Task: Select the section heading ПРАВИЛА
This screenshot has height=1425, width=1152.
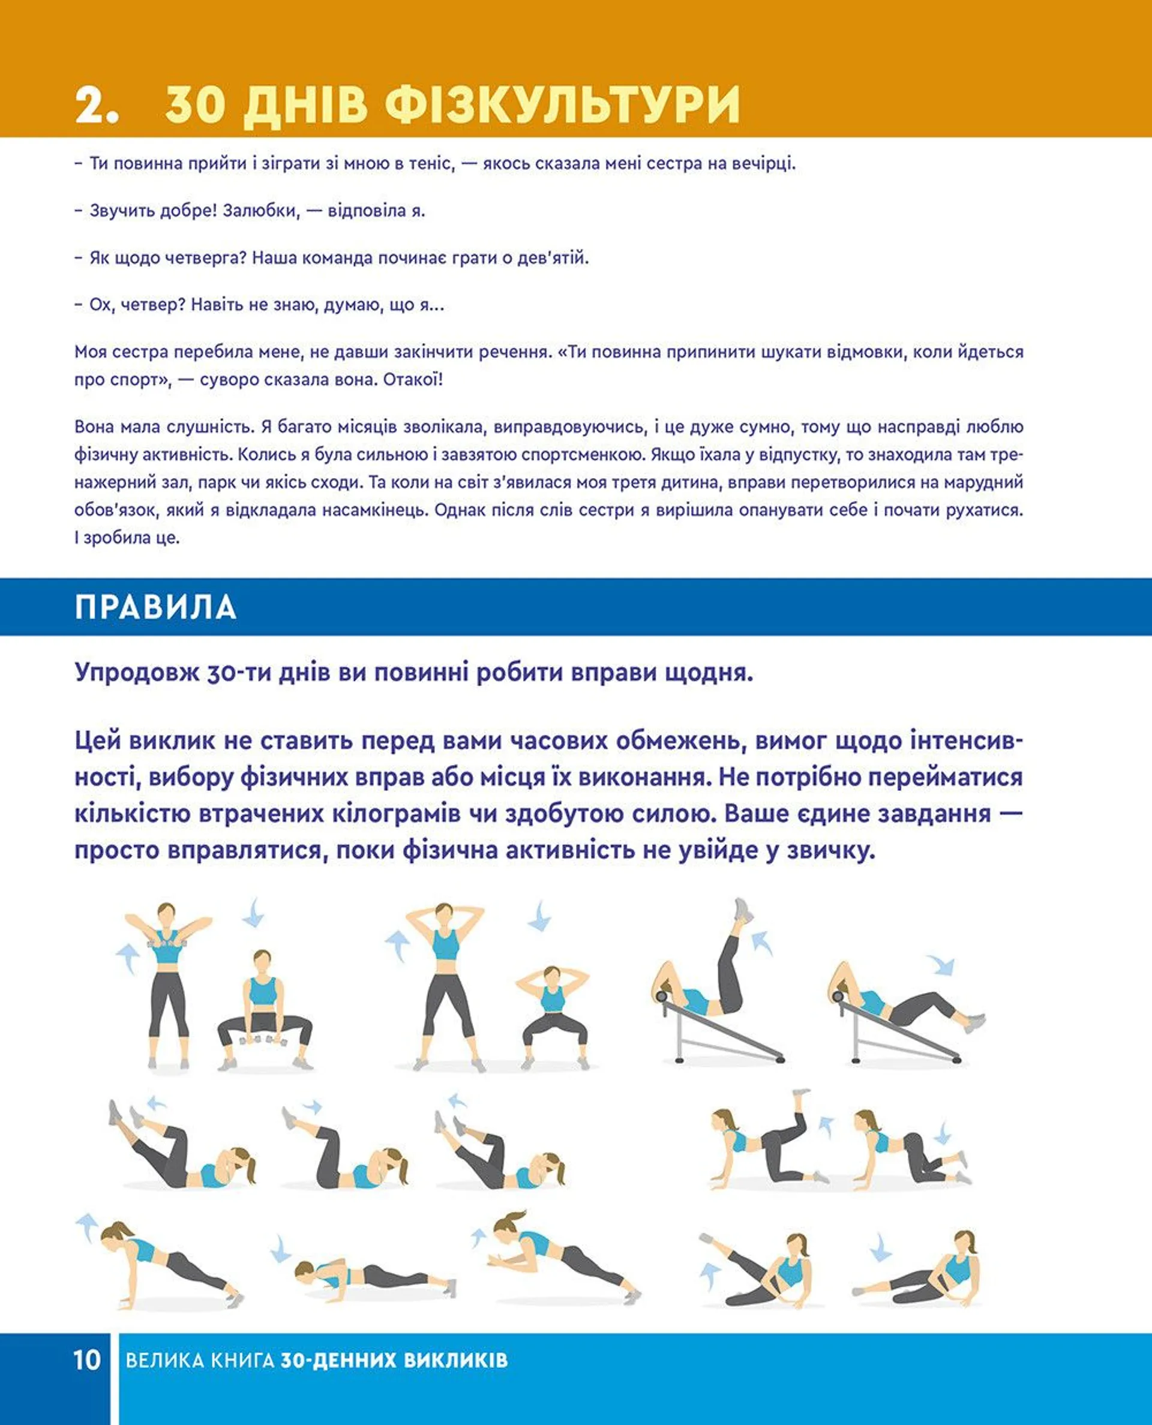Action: click(x=155, y=607)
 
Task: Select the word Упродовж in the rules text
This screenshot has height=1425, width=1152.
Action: click(x=137, y=673)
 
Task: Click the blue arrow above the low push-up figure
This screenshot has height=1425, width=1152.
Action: click(x=281, y=1248)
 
